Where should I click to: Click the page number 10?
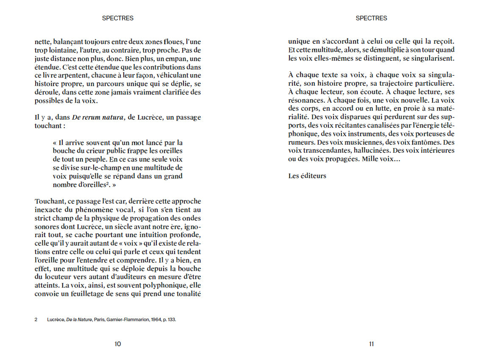[x=118, y=344]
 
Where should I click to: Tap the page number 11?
[x=371, y=344]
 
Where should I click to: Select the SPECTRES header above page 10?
[x=118, y=18]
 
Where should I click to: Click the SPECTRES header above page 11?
[x=371, y=18]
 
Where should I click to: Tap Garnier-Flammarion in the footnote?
[x=127, y=320]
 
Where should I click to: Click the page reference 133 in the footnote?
[x=171, y=320]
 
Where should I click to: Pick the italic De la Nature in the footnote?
[x=79, y=320]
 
